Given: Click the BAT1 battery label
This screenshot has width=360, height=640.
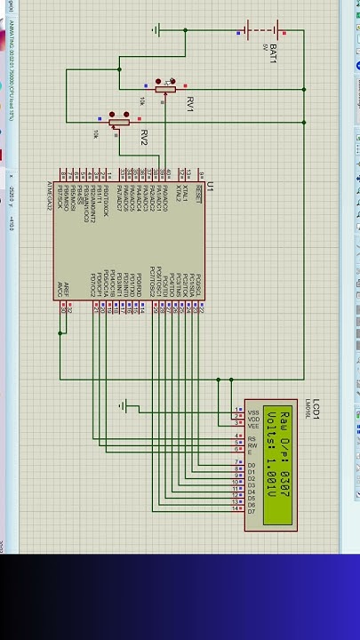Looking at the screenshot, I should pos(273,52).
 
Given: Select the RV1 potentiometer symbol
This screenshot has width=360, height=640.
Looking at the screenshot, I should pos(165,87).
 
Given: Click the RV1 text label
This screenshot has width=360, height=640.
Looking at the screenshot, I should pos(189,103).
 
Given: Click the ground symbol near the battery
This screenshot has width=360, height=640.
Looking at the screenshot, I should pos(158,30).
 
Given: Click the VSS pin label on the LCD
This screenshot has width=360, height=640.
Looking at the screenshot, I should pos(252,412).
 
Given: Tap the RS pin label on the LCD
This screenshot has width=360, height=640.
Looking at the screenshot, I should pos(252,438).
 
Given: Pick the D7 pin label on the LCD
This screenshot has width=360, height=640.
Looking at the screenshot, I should pos(251,511).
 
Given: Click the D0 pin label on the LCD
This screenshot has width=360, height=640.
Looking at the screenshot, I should pos(251,464).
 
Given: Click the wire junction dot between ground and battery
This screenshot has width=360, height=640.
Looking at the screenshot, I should pos(185,30).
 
